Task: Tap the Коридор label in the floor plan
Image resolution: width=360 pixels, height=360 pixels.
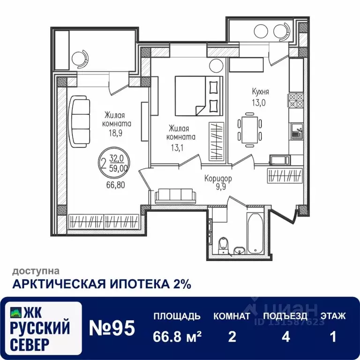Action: tap(218, 179)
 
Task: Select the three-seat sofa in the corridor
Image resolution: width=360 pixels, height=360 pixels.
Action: tap(174, 195)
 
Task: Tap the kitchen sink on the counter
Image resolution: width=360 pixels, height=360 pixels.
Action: tap(296, 131)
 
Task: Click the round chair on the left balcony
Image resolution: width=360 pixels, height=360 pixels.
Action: tap(80, 57)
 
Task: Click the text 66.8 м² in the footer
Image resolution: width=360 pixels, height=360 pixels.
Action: tap(177, 337)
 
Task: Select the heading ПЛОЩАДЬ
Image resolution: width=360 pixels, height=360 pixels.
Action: tap(177, 316)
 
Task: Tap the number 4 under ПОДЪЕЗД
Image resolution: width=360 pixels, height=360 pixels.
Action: tap(285, 337)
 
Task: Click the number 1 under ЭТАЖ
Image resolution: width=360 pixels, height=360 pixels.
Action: tap(333, 337)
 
